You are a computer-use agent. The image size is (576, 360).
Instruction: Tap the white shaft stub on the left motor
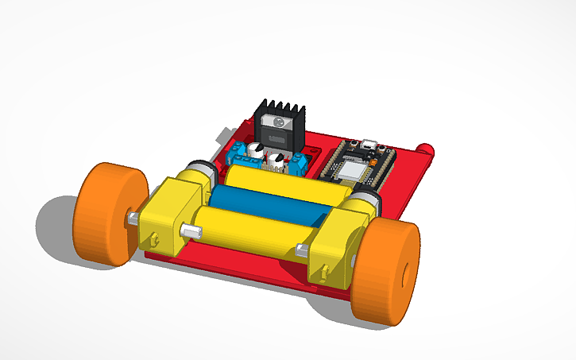click(191, 231)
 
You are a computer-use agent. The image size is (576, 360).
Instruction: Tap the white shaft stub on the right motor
click(302, 251)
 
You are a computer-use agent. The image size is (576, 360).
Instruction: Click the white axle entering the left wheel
click(134, 218)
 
